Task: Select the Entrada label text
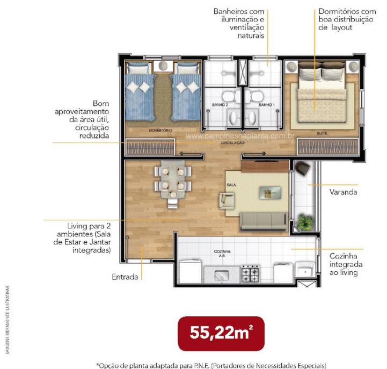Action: click(125, 277)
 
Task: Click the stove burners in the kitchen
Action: click(251, 274)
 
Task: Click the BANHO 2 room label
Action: click(220, 105)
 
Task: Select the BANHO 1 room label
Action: click(267, 105)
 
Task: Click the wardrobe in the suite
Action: click(327, 147)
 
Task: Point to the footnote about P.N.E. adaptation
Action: click(210, 365)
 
